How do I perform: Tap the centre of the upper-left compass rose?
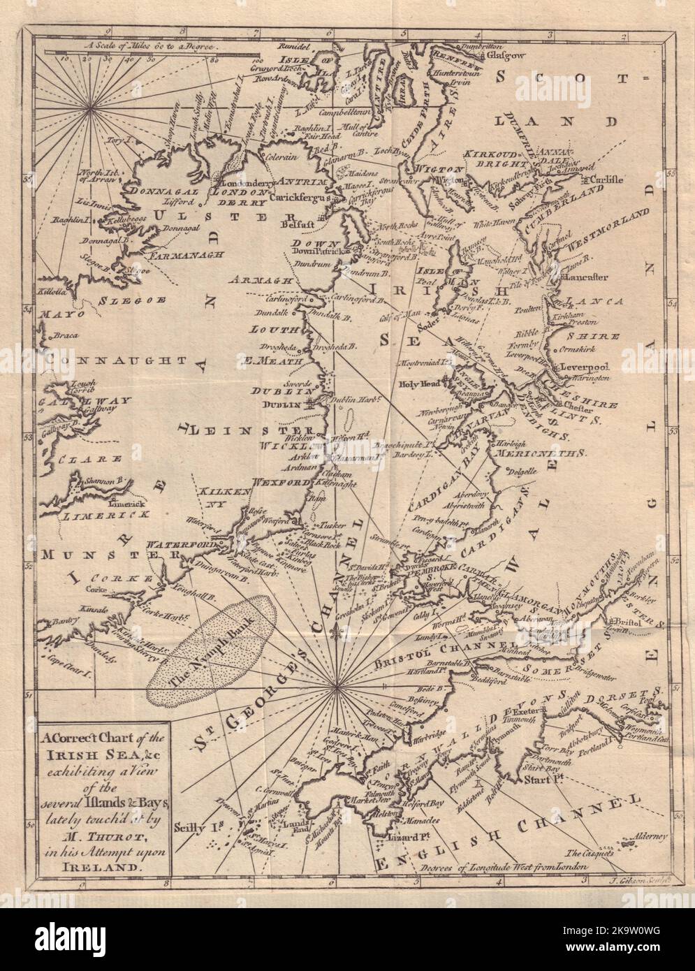click(x=92, y=108)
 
